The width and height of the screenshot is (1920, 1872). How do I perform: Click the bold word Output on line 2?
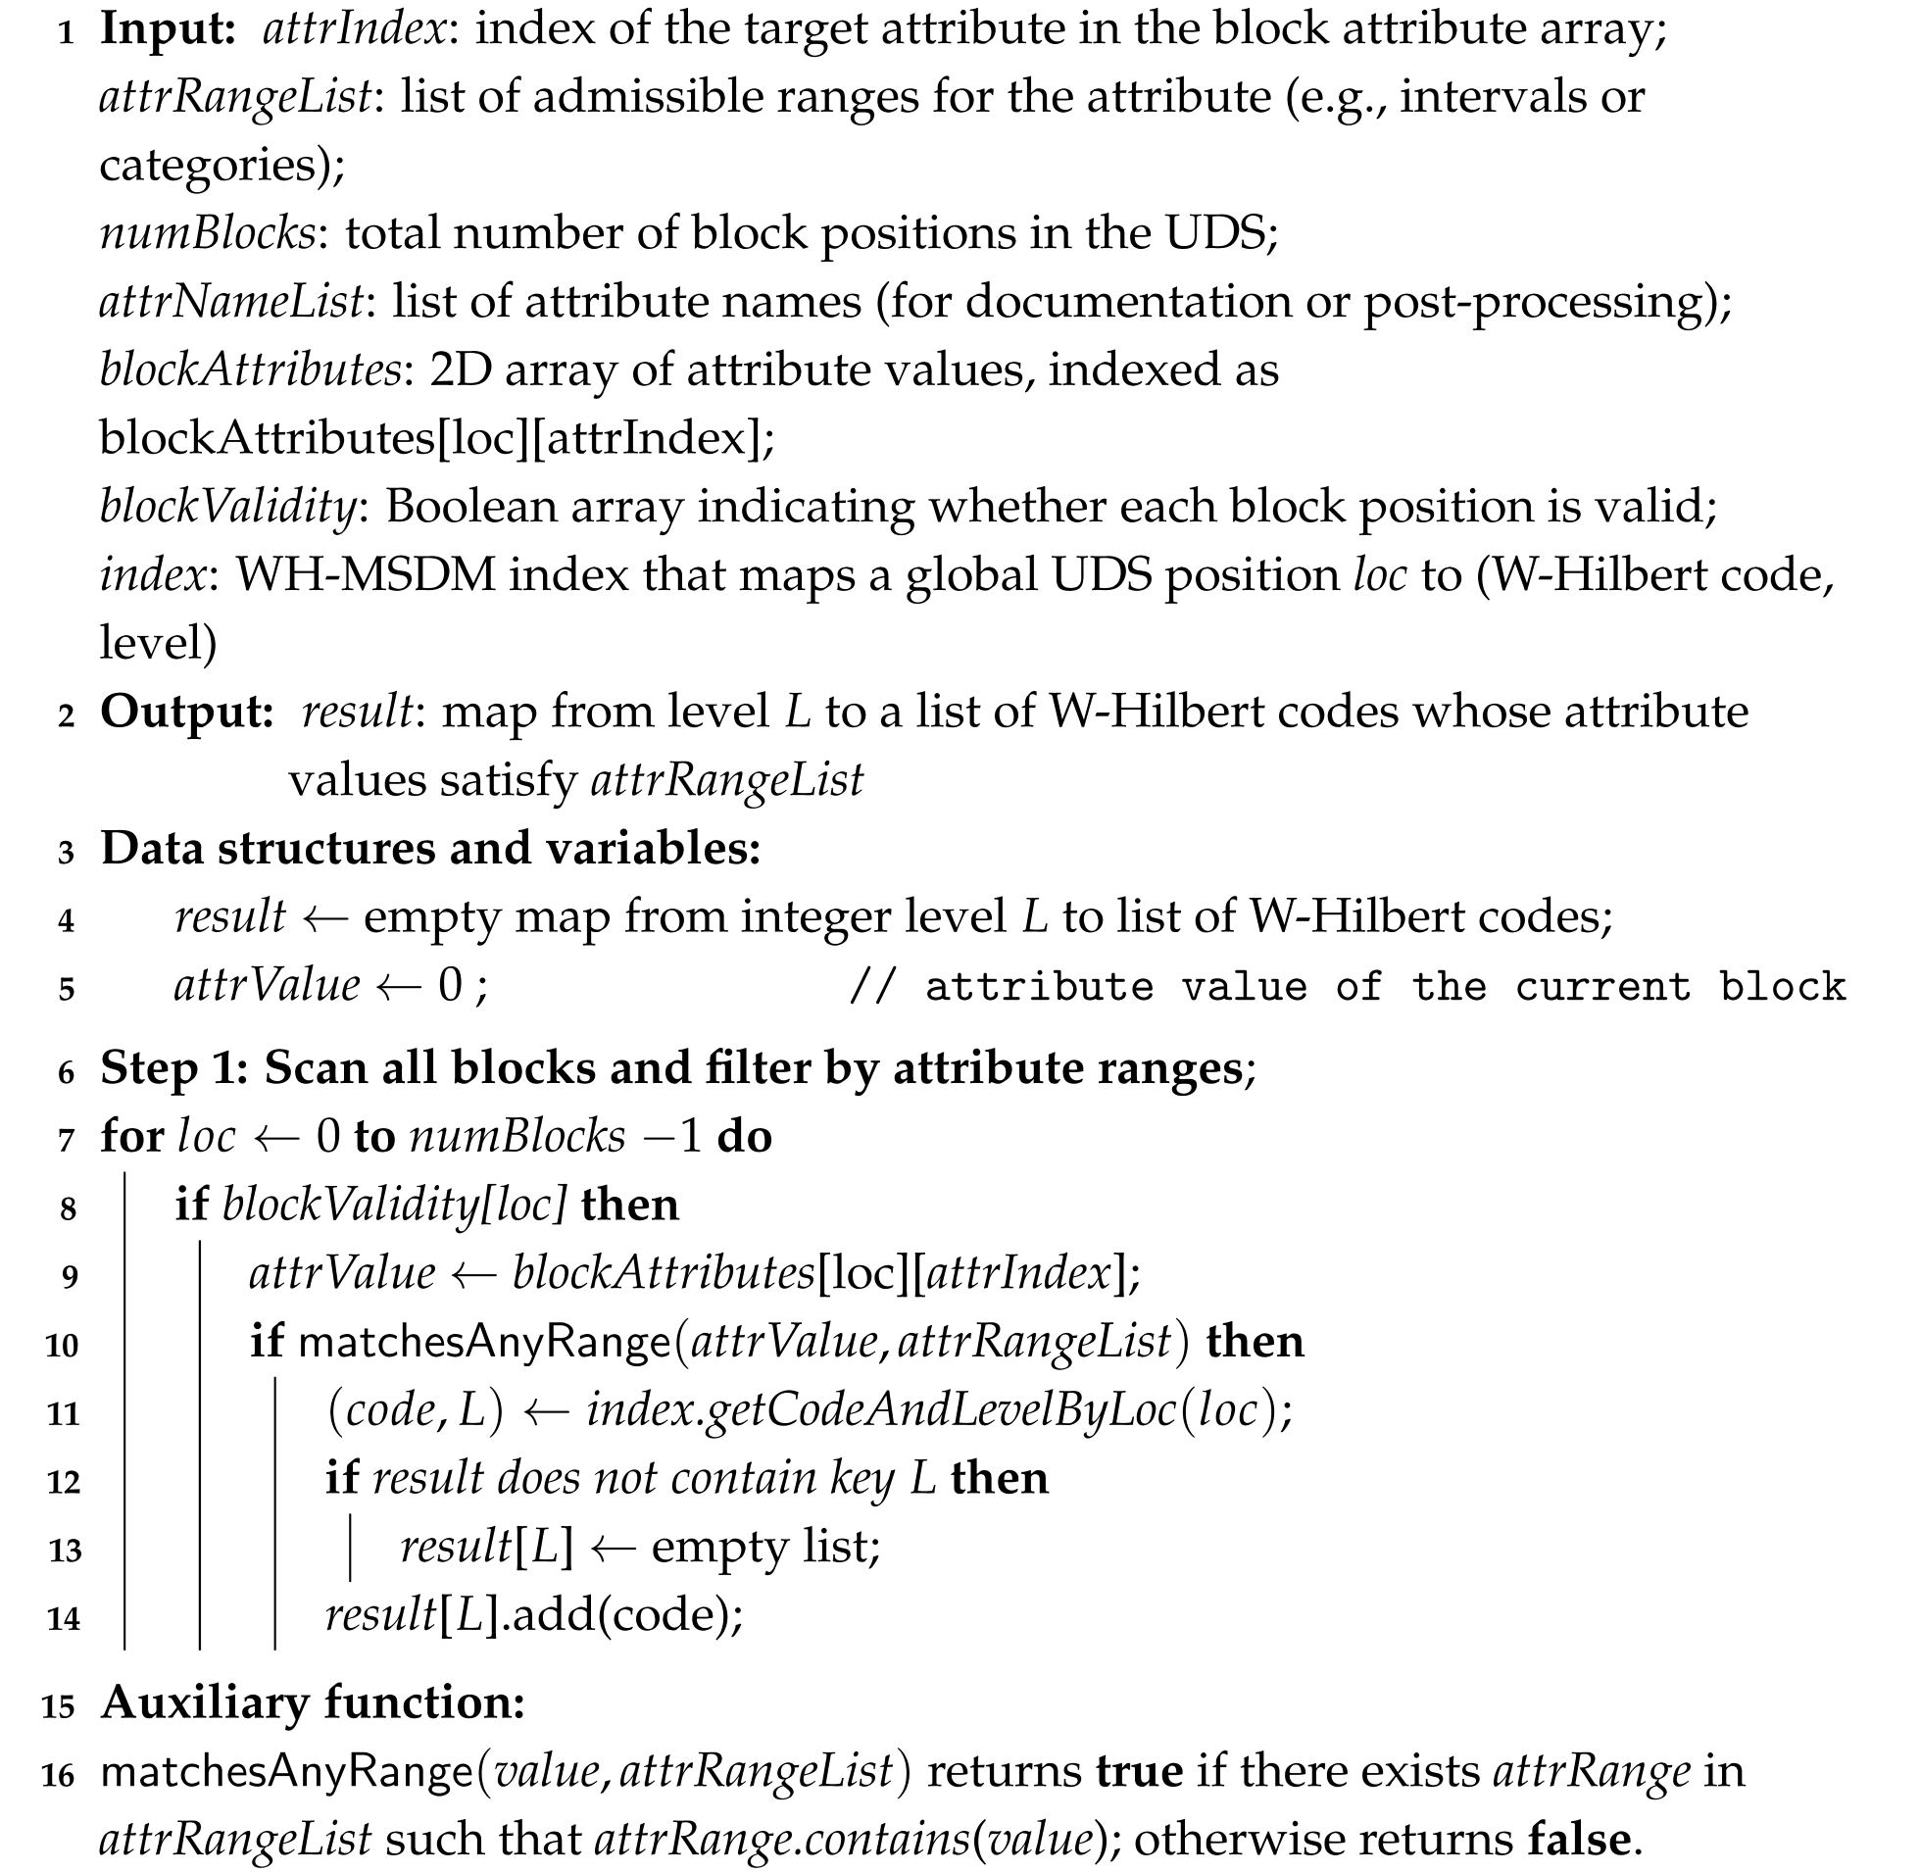coord(186,712)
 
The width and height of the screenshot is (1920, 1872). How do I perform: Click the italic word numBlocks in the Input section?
coord(208,234)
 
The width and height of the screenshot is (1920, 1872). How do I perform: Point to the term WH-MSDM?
coord(366,575)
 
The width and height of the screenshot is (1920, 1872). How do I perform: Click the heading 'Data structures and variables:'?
coord(430,849)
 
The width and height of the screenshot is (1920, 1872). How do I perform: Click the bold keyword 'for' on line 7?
coord(131,1138)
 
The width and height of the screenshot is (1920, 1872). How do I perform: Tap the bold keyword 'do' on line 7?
coord(744,1138)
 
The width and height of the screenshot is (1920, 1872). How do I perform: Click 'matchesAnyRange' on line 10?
coord(484,1343)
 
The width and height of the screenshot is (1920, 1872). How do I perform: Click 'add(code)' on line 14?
coord(626,1615)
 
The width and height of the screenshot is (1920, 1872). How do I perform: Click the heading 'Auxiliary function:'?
coord(313,1702)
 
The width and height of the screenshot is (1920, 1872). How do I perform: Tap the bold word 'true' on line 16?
coord(1140,1772)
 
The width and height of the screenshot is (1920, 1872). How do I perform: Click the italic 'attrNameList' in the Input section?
coord(232,302)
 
